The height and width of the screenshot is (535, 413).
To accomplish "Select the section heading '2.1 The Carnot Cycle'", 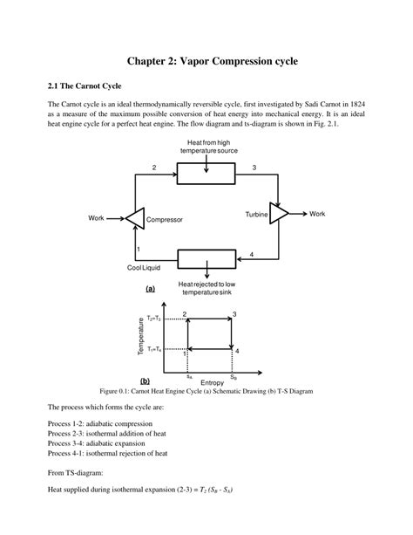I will (x=85, y=87).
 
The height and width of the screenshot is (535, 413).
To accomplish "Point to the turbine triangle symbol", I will (x=278, y=214).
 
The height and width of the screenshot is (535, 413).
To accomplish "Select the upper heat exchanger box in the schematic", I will (x=206, y=175).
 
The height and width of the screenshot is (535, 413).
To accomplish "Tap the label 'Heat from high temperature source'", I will (x=207, y=147).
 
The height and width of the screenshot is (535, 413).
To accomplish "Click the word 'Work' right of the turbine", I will (x=317, y=214).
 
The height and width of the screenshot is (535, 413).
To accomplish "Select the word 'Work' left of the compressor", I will (x=97, y=217).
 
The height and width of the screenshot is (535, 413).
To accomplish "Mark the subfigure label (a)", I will (x=151, y=288).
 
